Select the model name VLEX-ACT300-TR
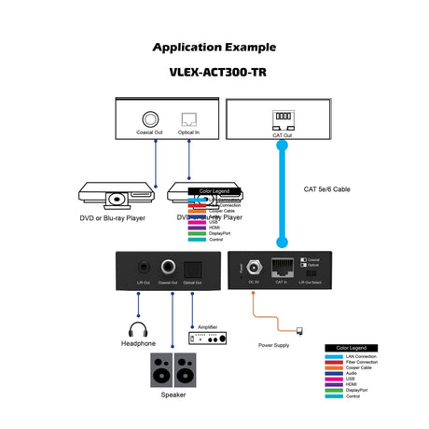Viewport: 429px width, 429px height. [x=214, y=71]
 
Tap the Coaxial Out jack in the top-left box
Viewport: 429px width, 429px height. [x=148, y=119]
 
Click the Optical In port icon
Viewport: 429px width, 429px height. [x=189, y=119]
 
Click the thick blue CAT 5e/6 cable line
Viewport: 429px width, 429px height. [x=279, y=196]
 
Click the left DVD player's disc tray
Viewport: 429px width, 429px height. [x=117, y=199]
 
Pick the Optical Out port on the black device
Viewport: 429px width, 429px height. [x=192, y=267]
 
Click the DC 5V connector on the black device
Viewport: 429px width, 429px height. [x=252, y=266]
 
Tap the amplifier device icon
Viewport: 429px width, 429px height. [x=206, y=339]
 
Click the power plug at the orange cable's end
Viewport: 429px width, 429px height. [x=298, y=330]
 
